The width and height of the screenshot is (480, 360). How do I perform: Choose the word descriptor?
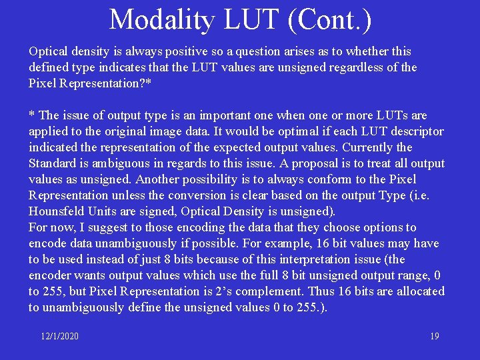point(418,131)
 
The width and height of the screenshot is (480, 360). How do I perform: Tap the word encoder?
point(50,275)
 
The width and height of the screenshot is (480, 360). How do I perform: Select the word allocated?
point(421,291)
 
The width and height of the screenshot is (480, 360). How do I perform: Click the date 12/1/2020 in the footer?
point(59,336)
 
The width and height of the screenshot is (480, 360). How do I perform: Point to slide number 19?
point(434,336)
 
